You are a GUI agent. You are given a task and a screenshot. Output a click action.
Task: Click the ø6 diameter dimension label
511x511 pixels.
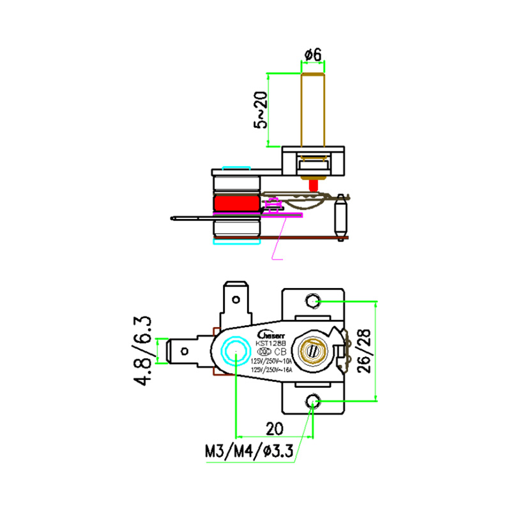[312, 56]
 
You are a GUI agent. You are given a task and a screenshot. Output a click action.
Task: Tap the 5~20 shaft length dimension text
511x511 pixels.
[261, 109]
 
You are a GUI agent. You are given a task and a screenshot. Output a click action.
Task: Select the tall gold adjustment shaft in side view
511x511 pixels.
[313, 109]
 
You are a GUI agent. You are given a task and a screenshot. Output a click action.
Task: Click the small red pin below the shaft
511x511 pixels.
[313, 185]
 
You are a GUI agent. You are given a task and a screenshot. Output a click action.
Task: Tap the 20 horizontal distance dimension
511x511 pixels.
[275, 427]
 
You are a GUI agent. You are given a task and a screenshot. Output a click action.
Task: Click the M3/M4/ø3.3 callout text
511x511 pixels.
[248, 452]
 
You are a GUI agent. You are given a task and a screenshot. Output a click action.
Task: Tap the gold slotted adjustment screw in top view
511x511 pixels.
[312, 351]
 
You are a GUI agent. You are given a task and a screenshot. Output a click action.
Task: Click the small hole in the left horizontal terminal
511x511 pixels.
[185, 351]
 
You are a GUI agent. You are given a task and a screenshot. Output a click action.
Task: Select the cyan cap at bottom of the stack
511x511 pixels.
[236, 242]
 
